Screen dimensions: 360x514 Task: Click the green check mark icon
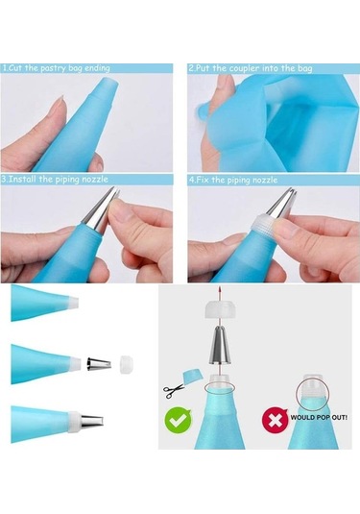[179, 419]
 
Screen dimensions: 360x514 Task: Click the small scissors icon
[174, 390]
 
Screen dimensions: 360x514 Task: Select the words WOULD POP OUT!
[319, 418]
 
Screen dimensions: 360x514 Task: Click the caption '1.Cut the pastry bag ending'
[56, 68]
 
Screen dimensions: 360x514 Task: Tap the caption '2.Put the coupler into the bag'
[251, 68]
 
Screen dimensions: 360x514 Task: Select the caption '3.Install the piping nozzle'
[55, 180]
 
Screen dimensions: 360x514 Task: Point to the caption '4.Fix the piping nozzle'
[233, 180]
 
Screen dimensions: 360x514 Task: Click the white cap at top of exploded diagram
[219, 310]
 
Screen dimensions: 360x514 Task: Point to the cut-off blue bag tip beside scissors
[192, 377]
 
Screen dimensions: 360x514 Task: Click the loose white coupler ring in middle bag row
[127, 363]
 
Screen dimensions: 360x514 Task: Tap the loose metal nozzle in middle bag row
[99, 364]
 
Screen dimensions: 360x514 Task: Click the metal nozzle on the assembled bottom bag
[92, 420]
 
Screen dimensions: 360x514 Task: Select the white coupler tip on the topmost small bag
[73, 302]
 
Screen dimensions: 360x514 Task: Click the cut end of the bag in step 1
[110, 86]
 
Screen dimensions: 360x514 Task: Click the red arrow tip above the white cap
[221, 289]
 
